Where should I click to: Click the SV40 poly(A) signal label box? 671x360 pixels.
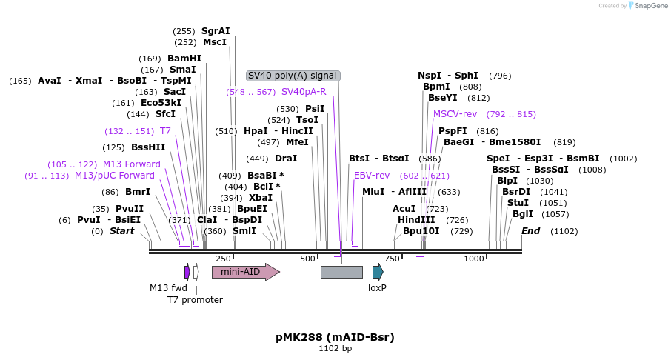[x=293, y=76]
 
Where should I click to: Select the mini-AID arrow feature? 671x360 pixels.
[x=244, y=272]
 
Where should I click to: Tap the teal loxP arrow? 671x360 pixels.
[x=378, y=271]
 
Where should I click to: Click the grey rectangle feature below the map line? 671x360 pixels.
[x=341, y=272]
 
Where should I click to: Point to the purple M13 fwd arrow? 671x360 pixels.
[x=187, y=272]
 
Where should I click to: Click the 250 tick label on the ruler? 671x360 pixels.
[x=223, y=259]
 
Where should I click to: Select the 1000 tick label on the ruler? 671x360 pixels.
[x=473, y=259]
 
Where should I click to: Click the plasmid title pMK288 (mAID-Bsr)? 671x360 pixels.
[x=335, y=337]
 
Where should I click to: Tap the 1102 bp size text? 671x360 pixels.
[x=335, y=348]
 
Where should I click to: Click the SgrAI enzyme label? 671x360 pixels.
[x=216, y=31]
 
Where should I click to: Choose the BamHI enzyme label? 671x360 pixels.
[x=184, y=59]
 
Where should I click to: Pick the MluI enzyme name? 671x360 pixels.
[x=373, y=192]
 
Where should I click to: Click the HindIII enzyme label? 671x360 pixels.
[x=416, y=220]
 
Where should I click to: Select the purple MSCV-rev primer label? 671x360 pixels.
[x=455, y=114]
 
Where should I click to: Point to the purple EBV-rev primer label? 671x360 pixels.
[x=372, y=176]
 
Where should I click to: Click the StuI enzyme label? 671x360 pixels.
[x=518, y=203]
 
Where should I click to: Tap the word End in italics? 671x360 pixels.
[x=530, y=231]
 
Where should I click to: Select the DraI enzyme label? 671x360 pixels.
[x=286, y=159]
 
